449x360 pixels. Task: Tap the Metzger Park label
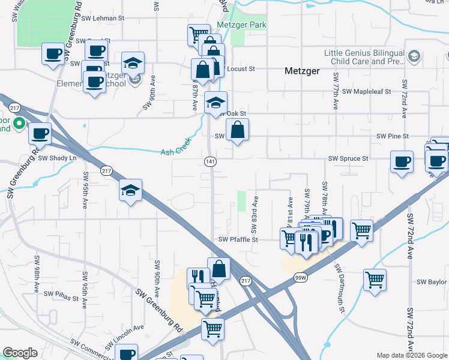[x=242, y=25]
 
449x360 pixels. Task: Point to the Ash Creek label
[x=175, y=152]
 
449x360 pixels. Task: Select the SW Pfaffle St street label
[x=238, y=239]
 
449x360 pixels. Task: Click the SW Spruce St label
[x=348, y=158]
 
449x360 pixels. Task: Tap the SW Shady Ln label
[x=58, y=158]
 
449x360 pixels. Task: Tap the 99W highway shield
[x=301, y=278]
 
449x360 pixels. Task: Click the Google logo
[x=20, y=353]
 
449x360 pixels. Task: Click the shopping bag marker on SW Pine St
[x=238, y=130]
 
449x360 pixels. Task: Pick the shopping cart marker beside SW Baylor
[x=375, y=280]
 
